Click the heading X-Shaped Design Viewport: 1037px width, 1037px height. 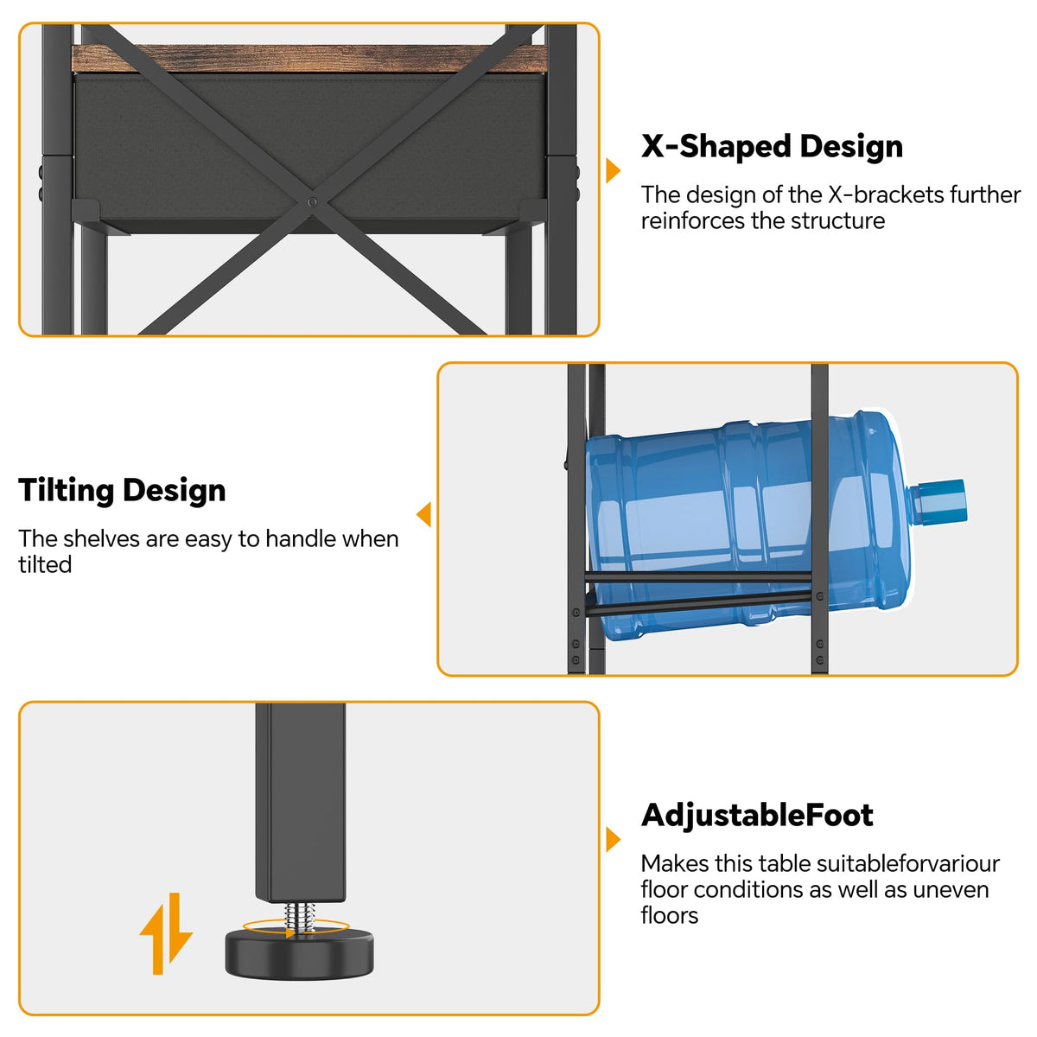(772, 146)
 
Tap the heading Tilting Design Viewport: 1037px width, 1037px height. (122, 490)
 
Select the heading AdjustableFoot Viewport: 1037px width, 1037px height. (757, 814)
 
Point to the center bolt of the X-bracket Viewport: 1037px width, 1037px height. (313, 202)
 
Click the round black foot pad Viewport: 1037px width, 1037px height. (299, 955)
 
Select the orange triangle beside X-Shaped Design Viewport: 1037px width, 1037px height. (613, 170)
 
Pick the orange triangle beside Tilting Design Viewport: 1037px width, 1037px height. (424, 514)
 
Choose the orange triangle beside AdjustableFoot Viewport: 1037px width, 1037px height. (613, 839)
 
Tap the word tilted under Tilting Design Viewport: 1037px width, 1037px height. (45, 564)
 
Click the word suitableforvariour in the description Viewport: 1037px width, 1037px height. (908, 863)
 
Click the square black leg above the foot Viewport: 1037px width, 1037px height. (300, 802)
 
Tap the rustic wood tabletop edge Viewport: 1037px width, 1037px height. (309, 58)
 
